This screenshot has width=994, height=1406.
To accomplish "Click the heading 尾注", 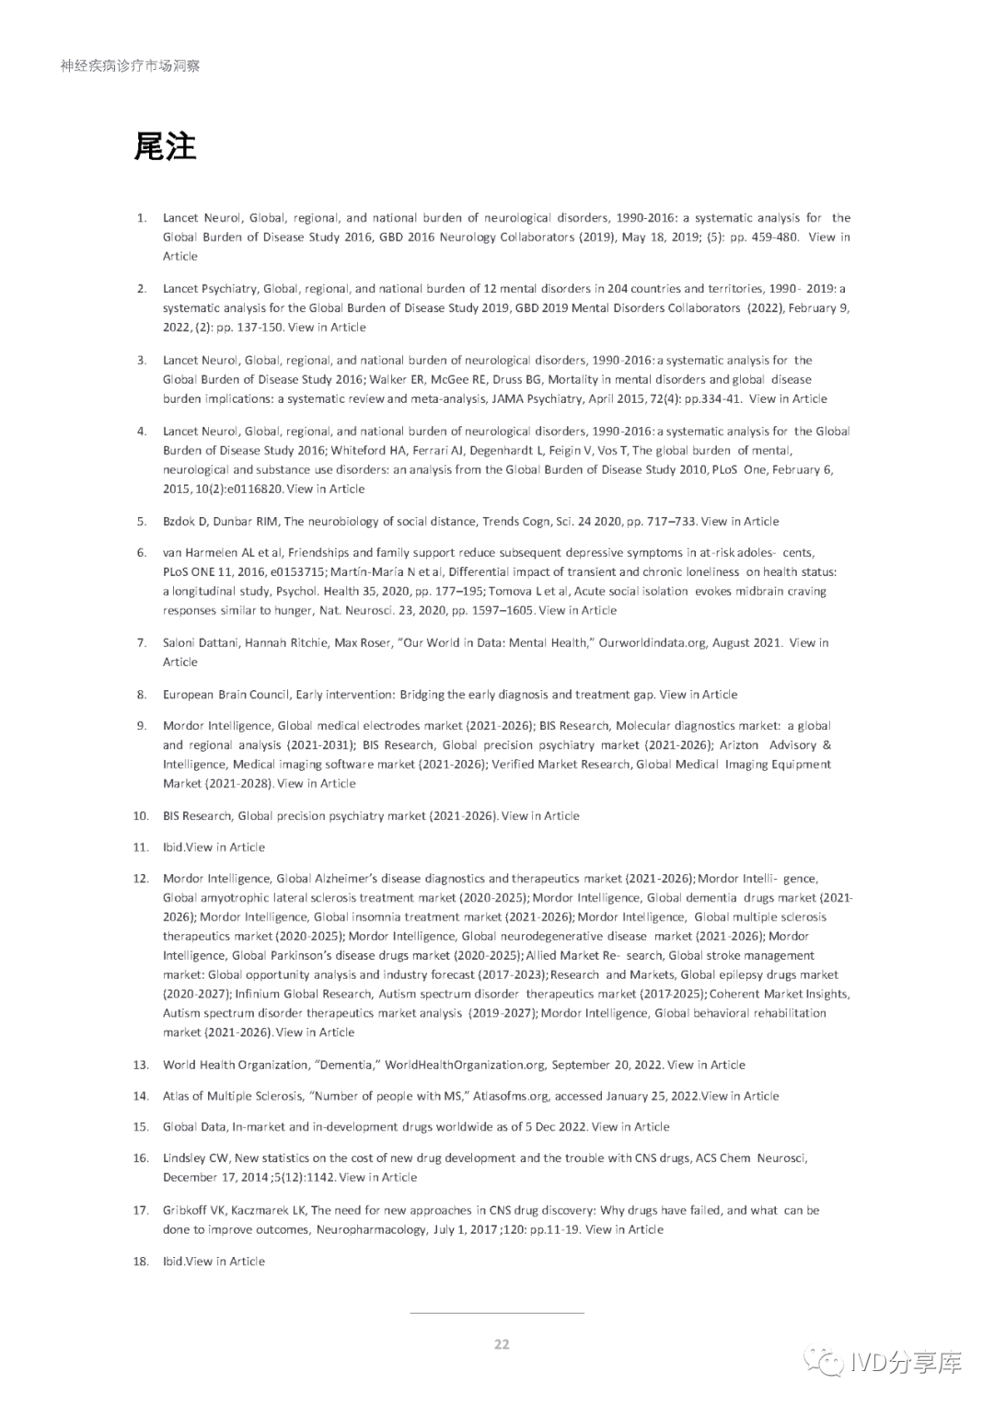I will [x=166, y=146].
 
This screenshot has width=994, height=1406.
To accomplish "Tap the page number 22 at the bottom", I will [x=502, y=1343].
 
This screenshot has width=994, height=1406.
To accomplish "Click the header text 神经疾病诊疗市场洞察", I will [x=130, y=65].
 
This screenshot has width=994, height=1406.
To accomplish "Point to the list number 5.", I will [x=142, y=521].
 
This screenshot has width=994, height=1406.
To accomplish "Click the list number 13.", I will [x=141, y=1065].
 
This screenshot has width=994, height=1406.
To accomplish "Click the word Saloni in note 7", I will [x=180, y=642].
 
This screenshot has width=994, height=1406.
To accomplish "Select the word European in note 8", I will [x=188, y=694].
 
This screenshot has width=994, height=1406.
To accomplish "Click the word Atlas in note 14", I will [x=178, y=1096].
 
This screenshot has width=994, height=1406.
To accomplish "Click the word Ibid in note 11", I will [x=173, y=847].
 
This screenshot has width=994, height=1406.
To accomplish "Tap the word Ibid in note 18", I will [x=173, y=1261].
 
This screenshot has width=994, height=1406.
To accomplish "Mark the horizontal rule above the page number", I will [x=496, y=1313].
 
